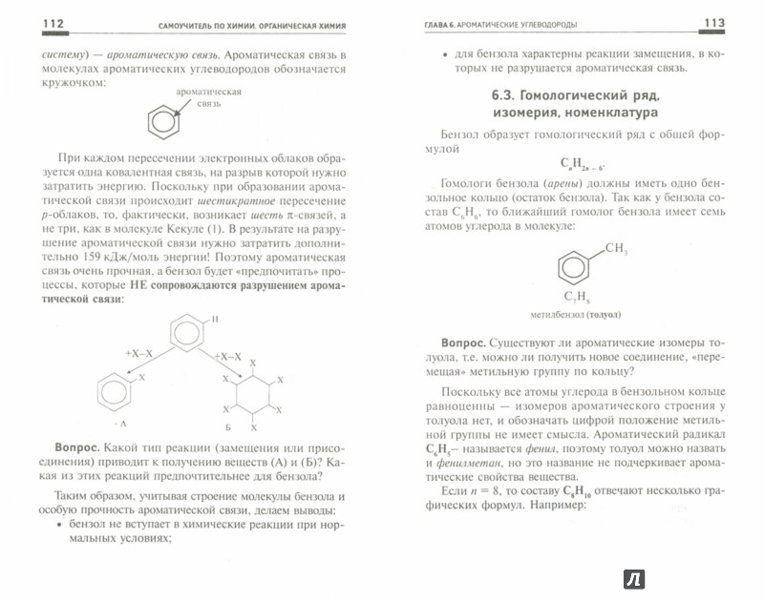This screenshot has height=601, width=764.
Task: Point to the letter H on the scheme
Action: click(217, 318)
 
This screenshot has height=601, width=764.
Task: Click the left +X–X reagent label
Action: click(138, 353)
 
